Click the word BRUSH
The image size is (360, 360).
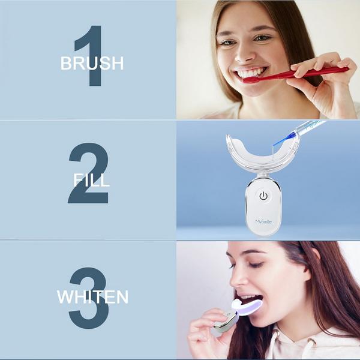point(92,63)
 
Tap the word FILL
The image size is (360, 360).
point(91,179)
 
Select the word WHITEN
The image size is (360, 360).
point(92,296)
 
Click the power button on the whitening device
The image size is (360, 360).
point(263,196)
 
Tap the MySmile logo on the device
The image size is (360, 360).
point(263,222)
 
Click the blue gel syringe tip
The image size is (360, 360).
point(279,142)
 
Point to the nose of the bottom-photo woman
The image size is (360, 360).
point(234,277)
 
